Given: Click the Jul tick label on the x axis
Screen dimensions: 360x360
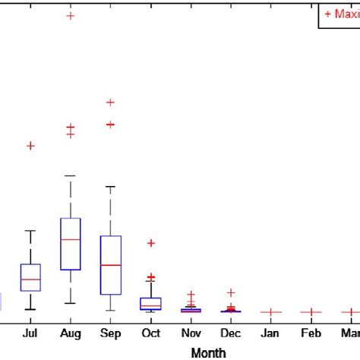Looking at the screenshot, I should coord(30,333).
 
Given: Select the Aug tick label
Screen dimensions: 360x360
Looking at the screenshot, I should coord(70,333).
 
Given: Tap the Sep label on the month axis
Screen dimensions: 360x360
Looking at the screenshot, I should coord(110,333).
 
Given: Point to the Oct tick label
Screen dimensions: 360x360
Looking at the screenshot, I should coord(150,333).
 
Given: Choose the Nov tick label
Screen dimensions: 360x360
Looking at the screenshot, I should coord(191,333).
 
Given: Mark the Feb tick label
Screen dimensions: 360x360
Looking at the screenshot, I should coord(311,333).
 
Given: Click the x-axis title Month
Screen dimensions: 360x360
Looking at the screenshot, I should coord(208,352).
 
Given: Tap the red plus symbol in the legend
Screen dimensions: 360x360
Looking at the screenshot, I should coord(327,14).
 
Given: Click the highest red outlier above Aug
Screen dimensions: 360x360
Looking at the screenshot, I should coord(71,15).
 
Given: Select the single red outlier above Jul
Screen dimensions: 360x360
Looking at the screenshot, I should coord(30,145).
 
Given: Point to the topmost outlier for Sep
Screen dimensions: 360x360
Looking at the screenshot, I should coord(110,102).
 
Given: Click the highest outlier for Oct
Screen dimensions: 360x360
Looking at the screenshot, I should coord(150,243).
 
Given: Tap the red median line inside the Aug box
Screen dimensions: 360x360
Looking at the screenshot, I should coord(71,239).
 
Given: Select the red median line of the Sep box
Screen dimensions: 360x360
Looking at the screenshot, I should coord(111,265).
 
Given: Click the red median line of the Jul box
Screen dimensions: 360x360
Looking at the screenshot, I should coord(30,279).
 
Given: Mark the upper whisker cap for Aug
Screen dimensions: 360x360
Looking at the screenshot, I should coord(71,175).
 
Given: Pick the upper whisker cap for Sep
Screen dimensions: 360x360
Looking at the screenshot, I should coord(111,186).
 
